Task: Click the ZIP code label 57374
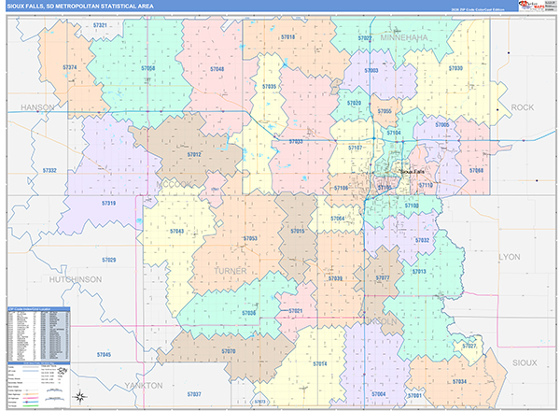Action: point(70,67)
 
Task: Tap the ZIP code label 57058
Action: point(148,69)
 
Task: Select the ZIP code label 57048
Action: point(217,69)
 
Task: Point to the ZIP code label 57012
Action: point(194,153)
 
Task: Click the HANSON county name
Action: point(37,107)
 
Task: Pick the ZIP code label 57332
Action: point(49,170)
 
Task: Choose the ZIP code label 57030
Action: point(455,69)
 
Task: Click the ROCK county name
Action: point(522,107)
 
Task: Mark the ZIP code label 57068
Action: point(476,171)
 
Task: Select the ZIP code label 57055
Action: point(385,111)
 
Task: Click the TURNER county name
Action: point(231,270)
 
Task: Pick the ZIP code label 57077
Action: point(382,278)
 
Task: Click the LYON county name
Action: point(510,255)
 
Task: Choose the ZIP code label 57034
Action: point(459,381)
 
